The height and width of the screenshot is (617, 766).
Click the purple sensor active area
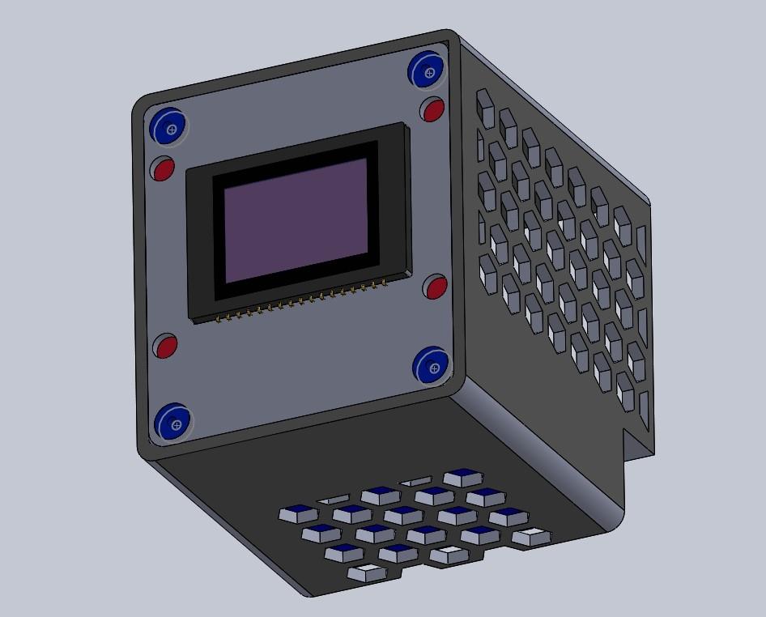coord(296,219)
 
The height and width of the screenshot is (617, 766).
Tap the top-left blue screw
coord(169,127)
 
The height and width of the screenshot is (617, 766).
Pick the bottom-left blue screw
coord(173,423)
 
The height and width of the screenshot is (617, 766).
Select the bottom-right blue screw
coord(432,367)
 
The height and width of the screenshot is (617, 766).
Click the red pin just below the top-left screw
coord(164,169)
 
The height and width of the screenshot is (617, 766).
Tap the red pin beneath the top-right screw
coord(433,109)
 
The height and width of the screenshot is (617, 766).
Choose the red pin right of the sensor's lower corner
coord(436,287)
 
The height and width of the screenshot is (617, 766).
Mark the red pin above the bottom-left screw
coord(166,347)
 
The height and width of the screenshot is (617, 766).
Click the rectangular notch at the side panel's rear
coord(636,444)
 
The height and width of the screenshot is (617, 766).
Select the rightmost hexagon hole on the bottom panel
coord(532,536)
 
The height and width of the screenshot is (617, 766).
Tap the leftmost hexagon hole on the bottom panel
coord(298,513)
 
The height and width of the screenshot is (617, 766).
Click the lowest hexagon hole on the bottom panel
coord(367,573)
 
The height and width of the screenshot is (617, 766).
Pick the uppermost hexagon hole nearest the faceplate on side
coord(485,109)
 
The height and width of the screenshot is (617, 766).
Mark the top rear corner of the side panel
coord(647,198)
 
